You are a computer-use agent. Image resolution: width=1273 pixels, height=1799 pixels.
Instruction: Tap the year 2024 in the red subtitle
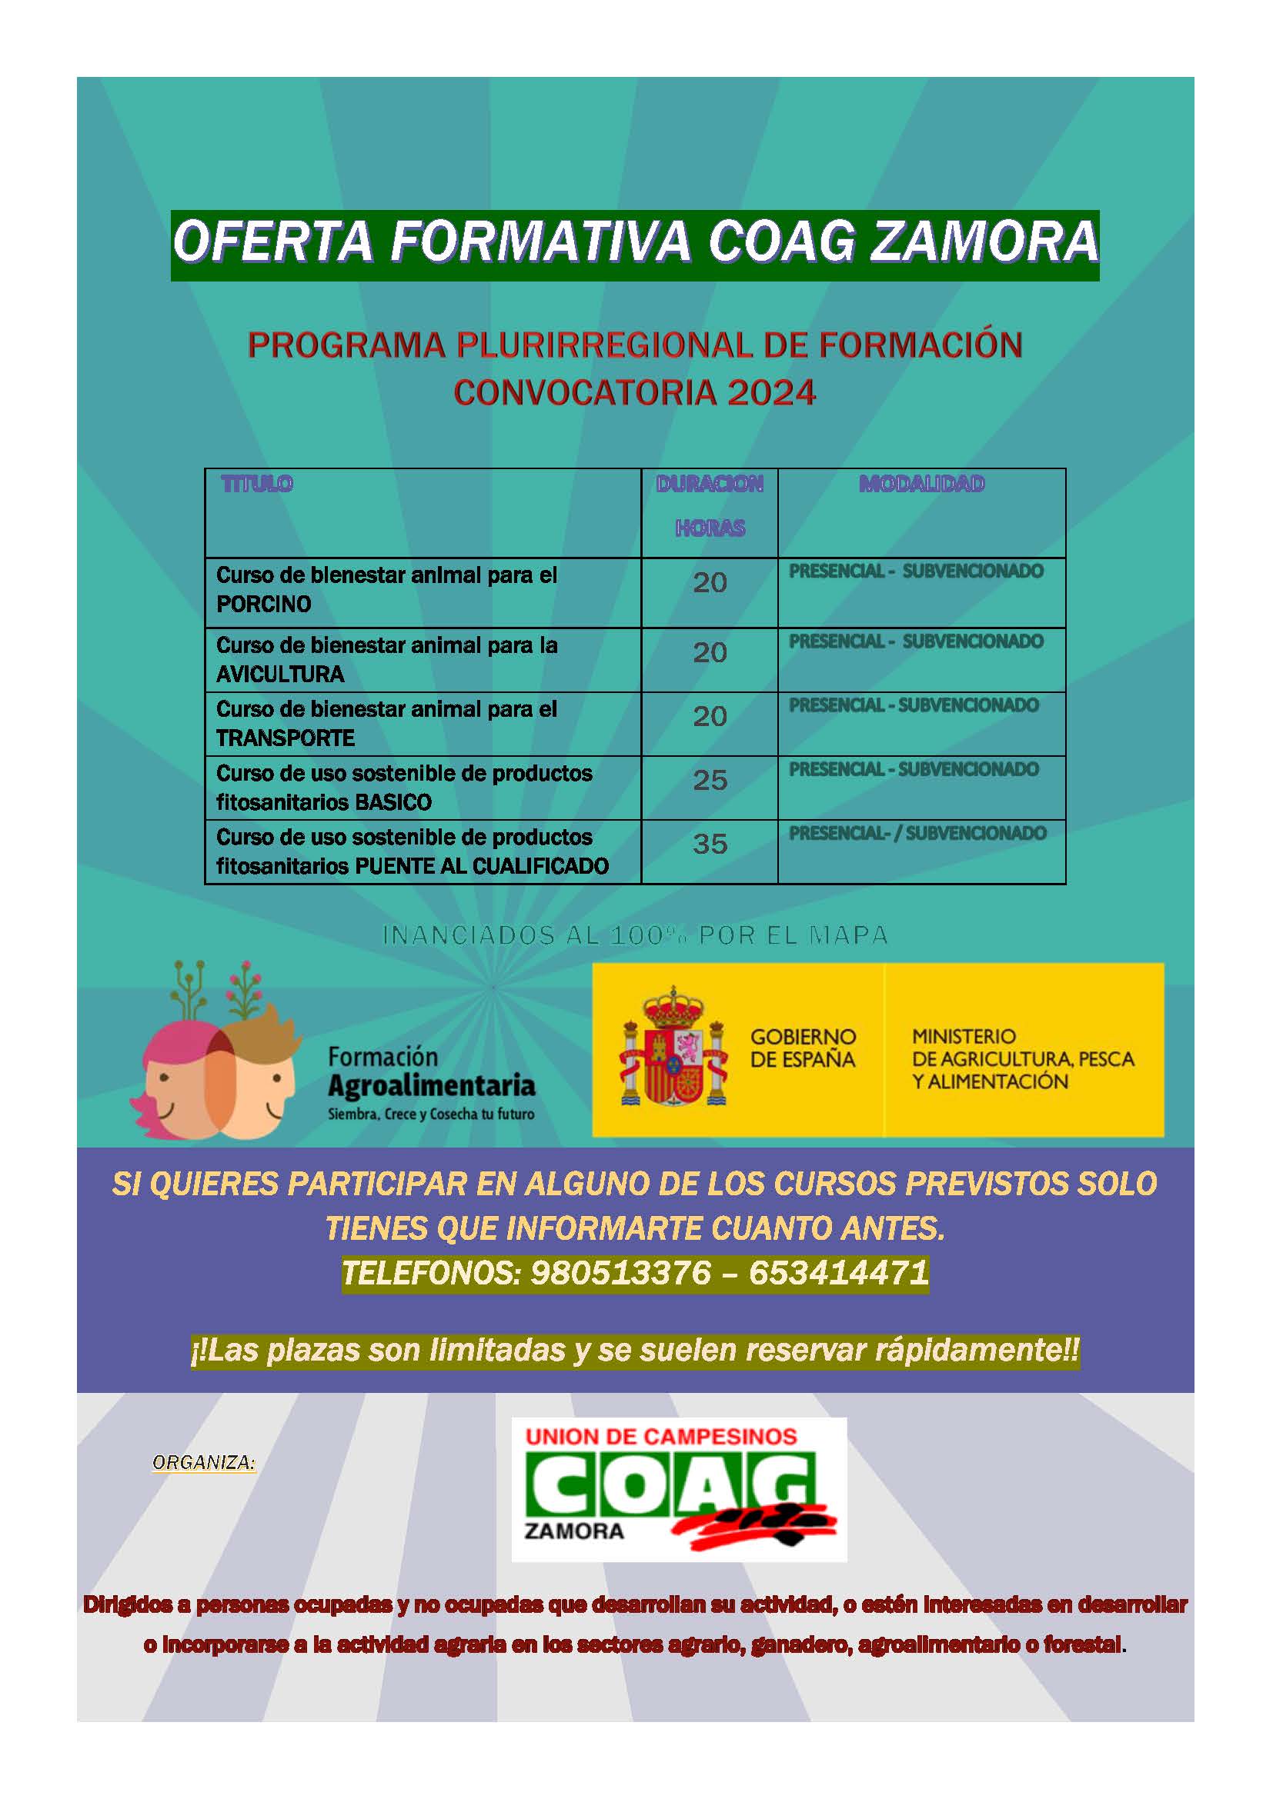click(771, 392)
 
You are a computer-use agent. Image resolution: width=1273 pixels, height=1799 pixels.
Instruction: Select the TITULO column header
click(257, 485)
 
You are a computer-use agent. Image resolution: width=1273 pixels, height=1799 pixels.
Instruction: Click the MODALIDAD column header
click(921, 485)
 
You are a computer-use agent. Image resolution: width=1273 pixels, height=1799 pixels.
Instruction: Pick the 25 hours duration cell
click(710, 781)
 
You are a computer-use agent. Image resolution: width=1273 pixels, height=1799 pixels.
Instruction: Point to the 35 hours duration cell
click(710, 844)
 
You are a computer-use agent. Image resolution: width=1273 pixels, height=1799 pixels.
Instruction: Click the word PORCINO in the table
click(263, 604)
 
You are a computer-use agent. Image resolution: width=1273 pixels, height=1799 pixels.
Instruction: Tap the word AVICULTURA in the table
click(280, 674)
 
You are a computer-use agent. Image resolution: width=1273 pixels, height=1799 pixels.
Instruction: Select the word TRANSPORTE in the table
click(286, 738)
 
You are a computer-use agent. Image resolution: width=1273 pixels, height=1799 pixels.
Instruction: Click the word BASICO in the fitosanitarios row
click(393, 802)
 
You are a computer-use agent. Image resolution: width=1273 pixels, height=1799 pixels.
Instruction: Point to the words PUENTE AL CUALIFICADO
click(481, 866)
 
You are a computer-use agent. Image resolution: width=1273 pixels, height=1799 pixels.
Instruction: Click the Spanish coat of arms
click(674, 1048)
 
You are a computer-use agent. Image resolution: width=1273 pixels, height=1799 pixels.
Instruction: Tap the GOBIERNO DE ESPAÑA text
click(803, 1048)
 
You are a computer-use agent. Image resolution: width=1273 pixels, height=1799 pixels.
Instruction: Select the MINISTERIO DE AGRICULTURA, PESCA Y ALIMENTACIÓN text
click(1022, 1058)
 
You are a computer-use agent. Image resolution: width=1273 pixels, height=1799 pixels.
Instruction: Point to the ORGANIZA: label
click(204, 1462)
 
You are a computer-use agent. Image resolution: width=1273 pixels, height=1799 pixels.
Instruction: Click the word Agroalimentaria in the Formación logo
click(431, 1086)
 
